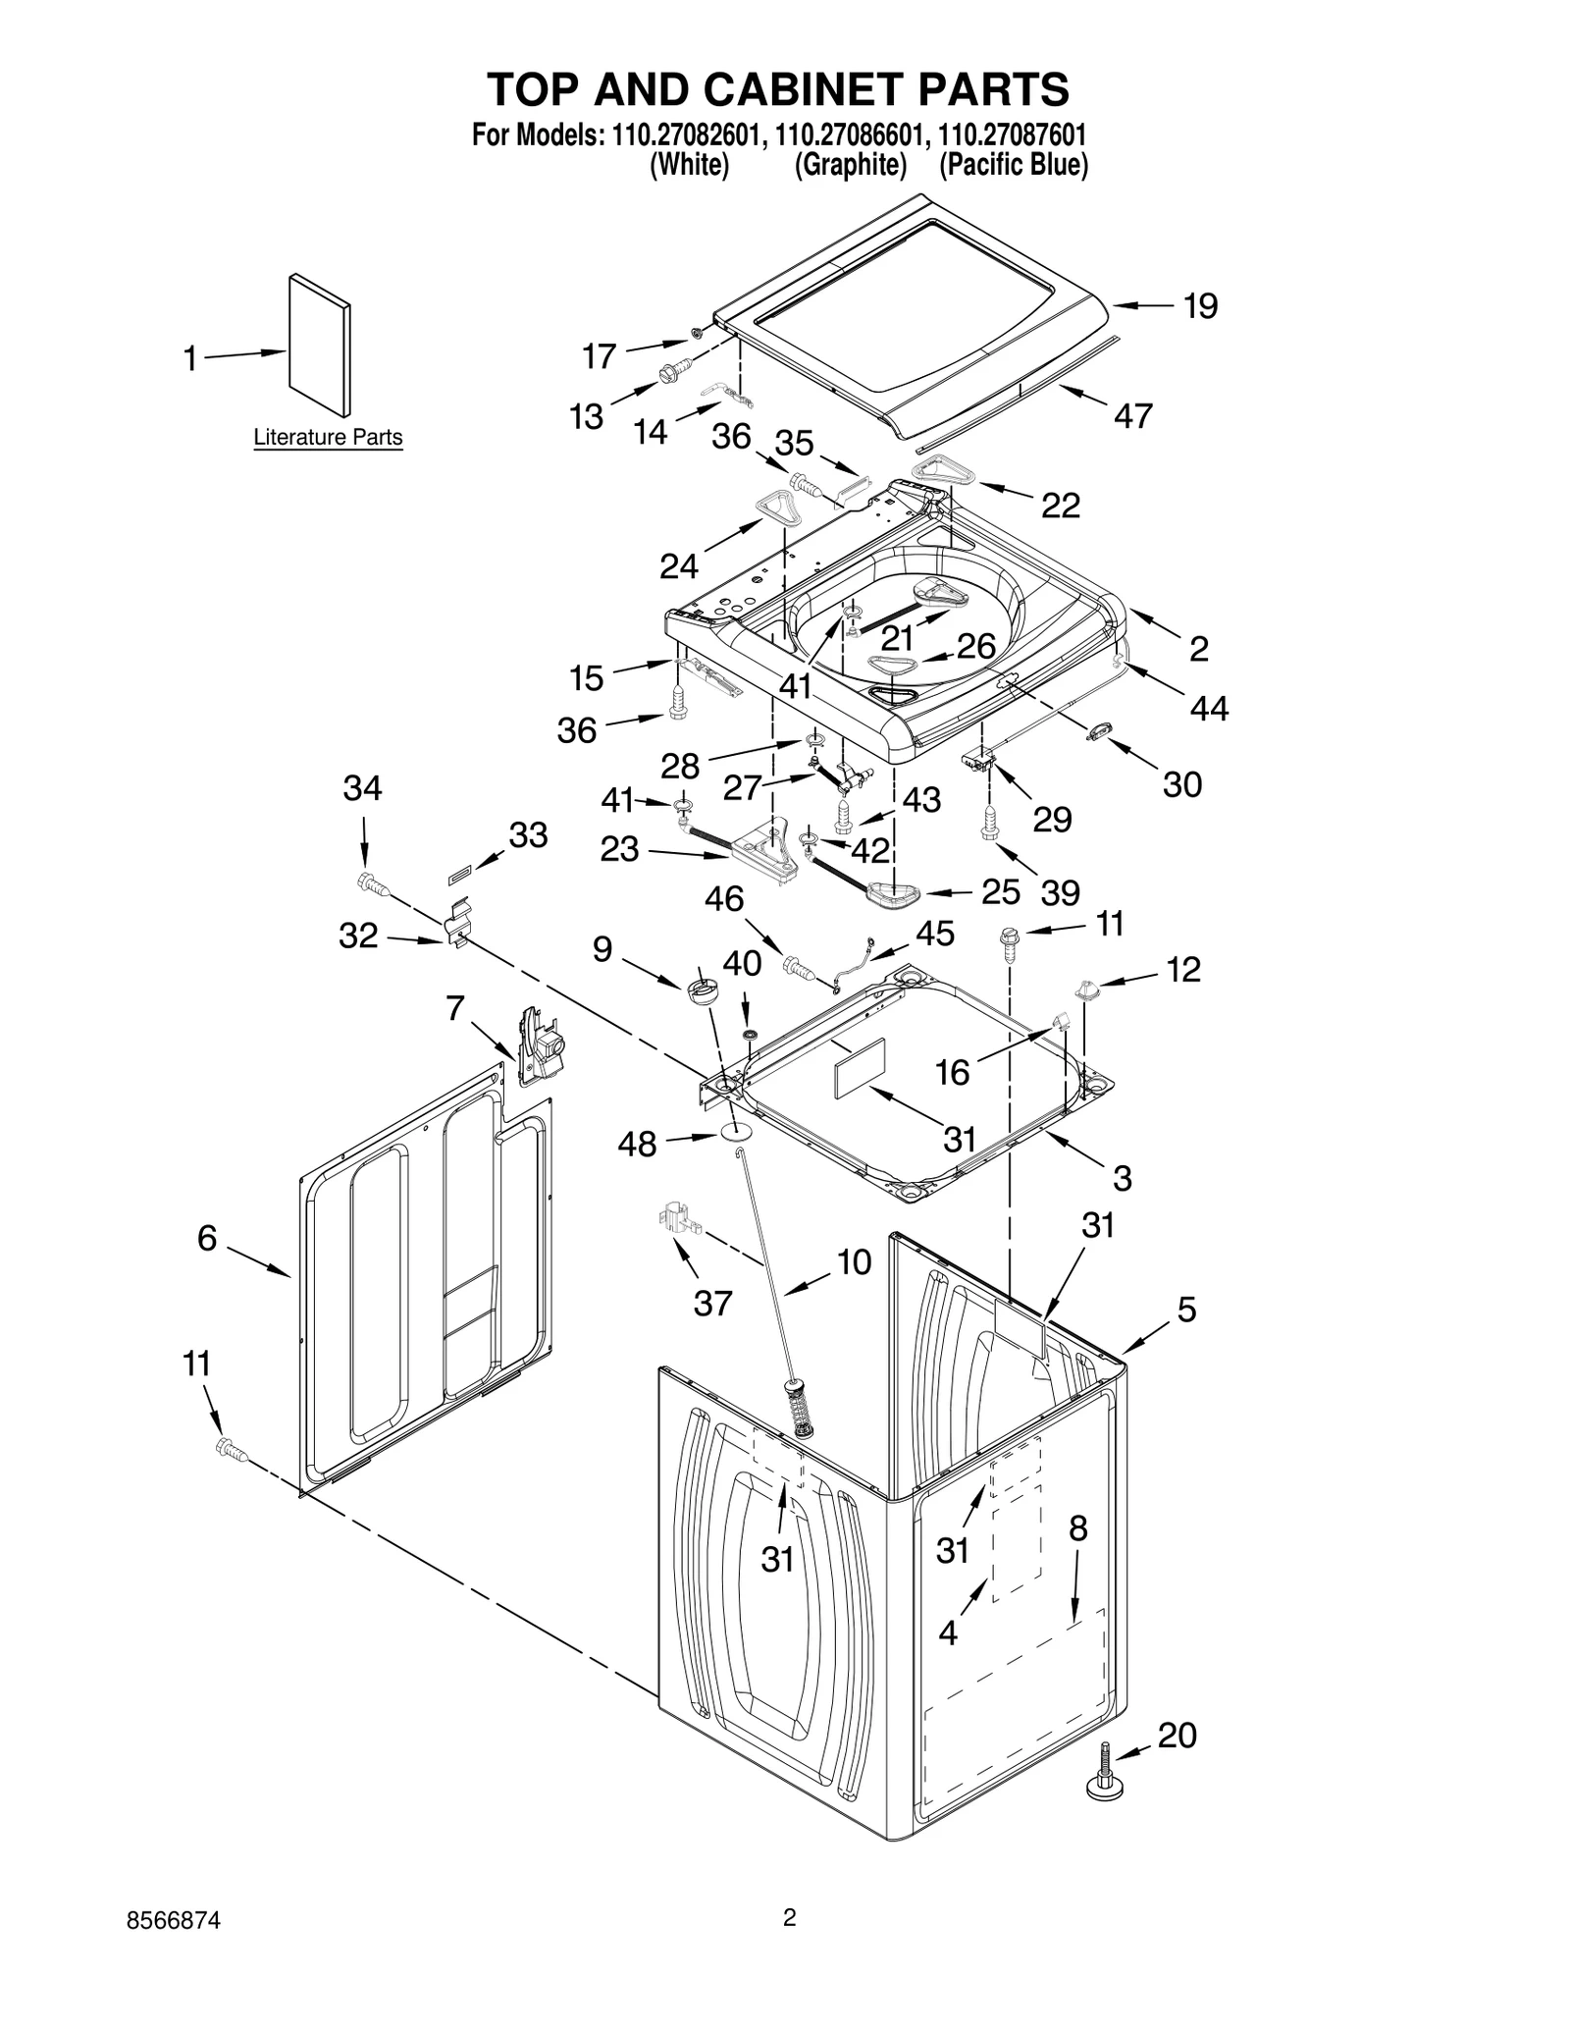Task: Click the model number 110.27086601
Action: [x=847, y=135]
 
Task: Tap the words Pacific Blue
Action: [x=1014, y=165]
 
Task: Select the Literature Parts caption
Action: [x=328, y=437]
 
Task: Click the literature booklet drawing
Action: [x=320, y=345]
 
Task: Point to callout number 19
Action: [x=1200, y=306]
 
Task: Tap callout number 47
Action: [x=1132, y=416]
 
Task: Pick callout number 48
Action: [x=637, y=1144]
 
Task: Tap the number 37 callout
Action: [x=712, y=1303]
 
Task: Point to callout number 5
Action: [x=1186, y=1309]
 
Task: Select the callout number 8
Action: [x=1077, y=1528]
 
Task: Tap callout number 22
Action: [x=1060, y=506]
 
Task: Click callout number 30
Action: [x=1181, y=784]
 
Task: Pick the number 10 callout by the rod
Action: [x=854, y=1262]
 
